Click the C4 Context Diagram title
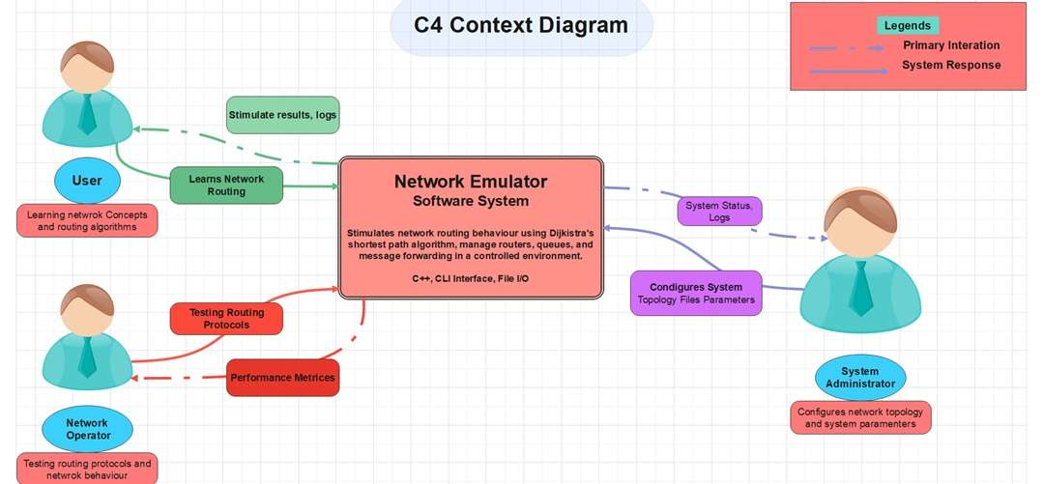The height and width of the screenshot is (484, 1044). click(521, 26)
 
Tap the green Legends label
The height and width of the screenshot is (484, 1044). click(907, 26)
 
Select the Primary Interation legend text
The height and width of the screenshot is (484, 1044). click(951, 45)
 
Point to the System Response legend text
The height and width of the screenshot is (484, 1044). click(951, 66)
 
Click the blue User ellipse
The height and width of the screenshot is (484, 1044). click(87, 181)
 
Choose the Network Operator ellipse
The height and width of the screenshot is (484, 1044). click(87, 429)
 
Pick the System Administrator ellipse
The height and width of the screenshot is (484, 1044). click(859, 378)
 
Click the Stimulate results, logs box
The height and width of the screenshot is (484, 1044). click(283, 115)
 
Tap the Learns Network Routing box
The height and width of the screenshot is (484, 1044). click(226, 185)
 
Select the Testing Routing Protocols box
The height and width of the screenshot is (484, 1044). click(226, 319)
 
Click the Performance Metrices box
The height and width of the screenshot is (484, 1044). click(283, 378)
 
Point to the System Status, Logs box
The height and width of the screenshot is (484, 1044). click(719, 212)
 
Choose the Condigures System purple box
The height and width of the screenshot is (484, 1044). click(696, 294)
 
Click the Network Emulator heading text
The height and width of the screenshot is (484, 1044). click(471, 182)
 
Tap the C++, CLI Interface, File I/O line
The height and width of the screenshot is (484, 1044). click(471, 278)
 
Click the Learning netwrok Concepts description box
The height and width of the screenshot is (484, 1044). click(87, 221)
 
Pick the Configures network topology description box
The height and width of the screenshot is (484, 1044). click(859, 417)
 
